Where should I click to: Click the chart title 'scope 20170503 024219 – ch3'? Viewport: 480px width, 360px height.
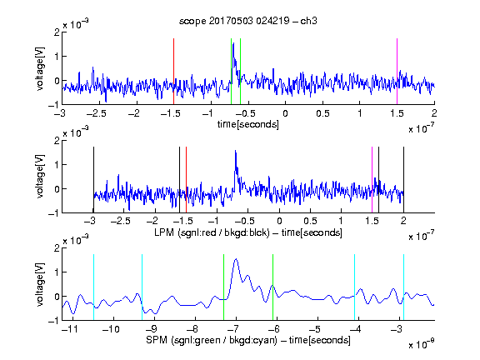point(248,21)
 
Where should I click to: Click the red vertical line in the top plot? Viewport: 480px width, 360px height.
point(173,72)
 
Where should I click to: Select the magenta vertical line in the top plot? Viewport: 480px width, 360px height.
point(397,72)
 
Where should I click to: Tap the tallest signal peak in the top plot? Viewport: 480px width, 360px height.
point(233,43)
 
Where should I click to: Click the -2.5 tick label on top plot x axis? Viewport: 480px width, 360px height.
point(96,114)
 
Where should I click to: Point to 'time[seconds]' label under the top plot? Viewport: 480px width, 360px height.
point(248,124)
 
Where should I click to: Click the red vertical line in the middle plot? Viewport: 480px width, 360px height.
point(186,180)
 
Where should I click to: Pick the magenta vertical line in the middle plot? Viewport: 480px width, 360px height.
point(372,180)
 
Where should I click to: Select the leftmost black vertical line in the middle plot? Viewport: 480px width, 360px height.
point(93,180)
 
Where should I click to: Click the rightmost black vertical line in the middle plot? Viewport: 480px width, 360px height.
point(403,180)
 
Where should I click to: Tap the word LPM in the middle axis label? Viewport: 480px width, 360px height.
point(164,232)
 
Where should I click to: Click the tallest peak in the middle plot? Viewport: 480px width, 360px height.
point(235,151)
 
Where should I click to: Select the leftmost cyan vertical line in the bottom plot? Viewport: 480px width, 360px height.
point(93,287)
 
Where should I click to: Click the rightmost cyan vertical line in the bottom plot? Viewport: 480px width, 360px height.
point(403,287)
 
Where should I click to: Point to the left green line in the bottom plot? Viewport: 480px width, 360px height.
point(224,287)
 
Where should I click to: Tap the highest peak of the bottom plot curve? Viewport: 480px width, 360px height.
point(236,259)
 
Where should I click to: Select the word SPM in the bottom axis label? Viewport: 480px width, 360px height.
point(157,340)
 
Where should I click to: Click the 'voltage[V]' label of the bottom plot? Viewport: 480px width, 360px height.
point(40,284)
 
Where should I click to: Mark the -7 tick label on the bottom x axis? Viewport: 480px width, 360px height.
point(233,329)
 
